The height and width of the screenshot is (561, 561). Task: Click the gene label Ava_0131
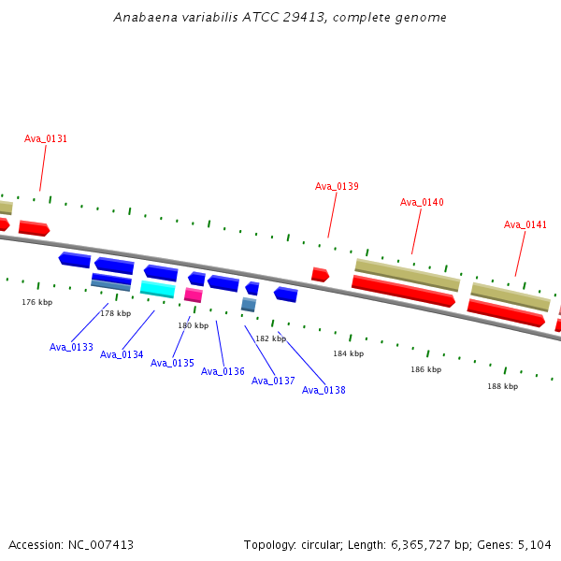(x=46, y=138)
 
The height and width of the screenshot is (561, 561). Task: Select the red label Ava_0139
(x=337, y=186)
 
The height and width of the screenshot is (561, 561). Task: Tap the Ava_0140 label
(x=422, y=202)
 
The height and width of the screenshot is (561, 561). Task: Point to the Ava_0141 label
(x=525, y=224)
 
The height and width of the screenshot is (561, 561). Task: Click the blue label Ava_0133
(x=71, y=347)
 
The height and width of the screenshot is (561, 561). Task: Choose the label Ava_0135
(x=172, y=363)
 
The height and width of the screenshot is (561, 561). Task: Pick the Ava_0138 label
(x=324, y=390)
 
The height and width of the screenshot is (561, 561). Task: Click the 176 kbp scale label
(x=37, y=302)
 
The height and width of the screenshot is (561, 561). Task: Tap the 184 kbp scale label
(x=349, y=353)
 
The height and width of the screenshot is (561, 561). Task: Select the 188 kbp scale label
(x=503, y=386)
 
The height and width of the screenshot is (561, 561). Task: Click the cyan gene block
(x=158, y=289)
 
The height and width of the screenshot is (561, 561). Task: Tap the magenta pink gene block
(x=194, y=295)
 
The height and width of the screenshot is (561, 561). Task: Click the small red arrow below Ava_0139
(x=320, y=275)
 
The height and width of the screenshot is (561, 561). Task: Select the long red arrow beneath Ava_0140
(x=404, y=291)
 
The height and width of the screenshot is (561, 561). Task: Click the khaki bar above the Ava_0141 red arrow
(x=511, y=296)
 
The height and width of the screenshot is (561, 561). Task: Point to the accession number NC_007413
(x=101, y=545)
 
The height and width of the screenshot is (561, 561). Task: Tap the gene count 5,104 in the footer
(x=535, y=545)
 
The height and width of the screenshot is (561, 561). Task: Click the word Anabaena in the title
(x=145, y=17)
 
